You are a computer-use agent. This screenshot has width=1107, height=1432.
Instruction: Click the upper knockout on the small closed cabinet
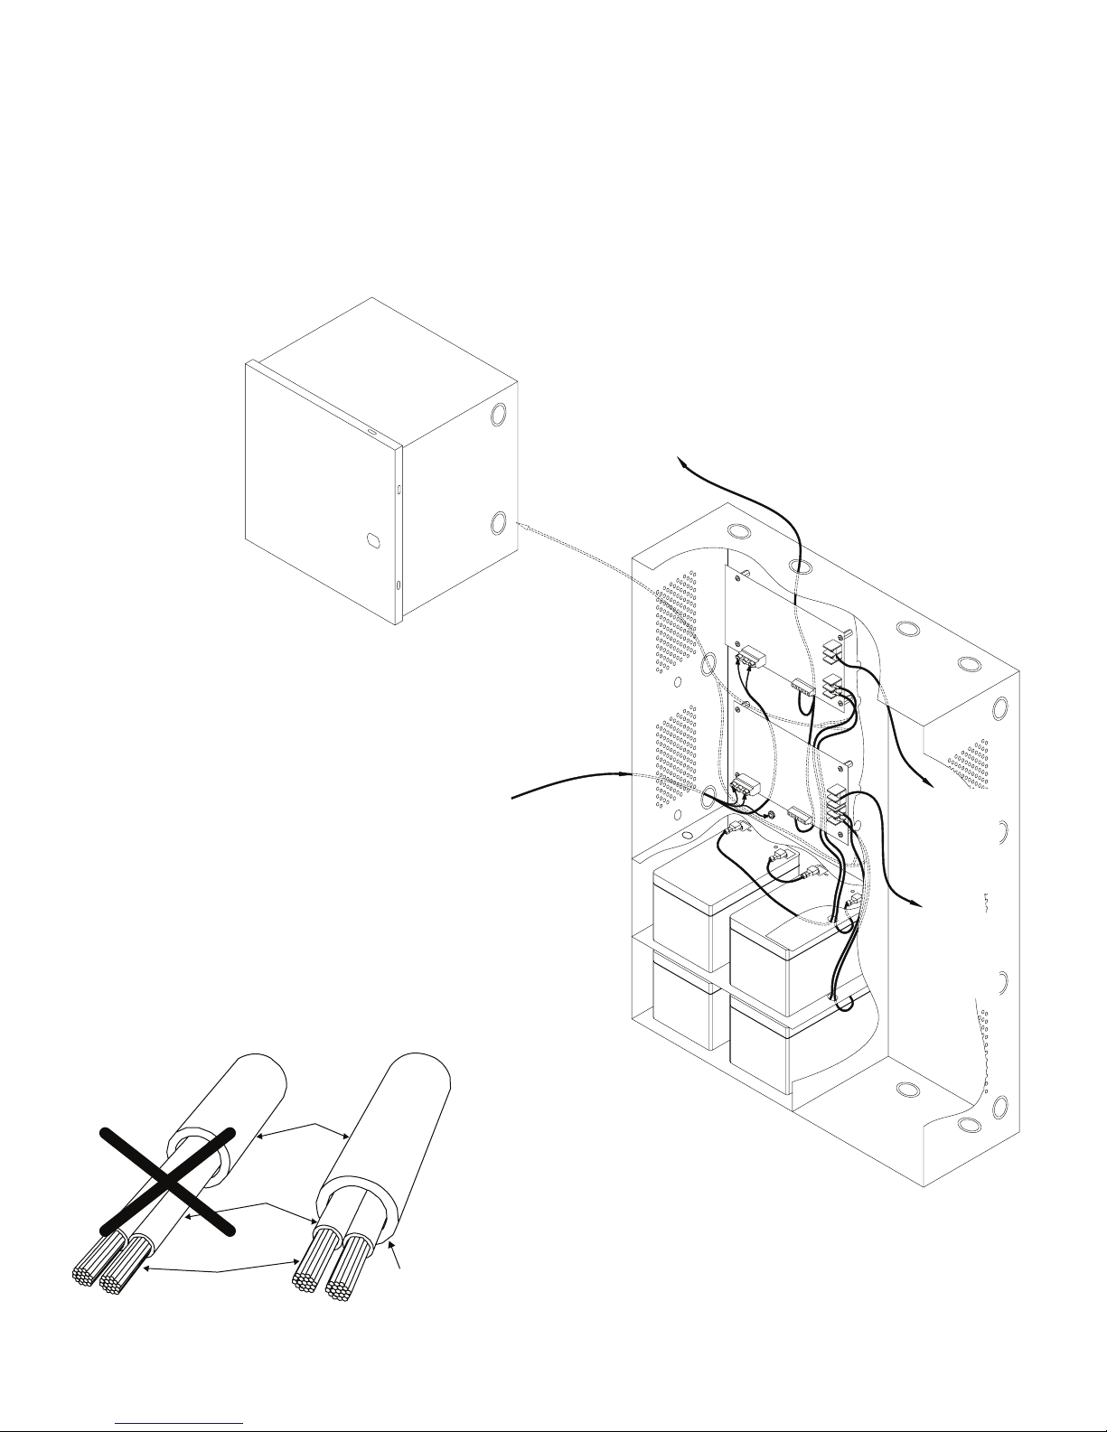(498, 416)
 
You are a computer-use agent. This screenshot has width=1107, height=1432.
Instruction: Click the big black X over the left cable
(167, 1179)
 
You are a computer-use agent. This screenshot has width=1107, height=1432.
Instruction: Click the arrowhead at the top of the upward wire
(683, 463)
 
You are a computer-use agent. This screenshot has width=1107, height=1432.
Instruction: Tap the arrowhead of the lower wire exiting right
(916, 903)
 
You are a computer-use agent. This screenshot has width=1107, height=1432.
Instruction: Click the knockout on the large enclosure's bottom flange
(968, 1125)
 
